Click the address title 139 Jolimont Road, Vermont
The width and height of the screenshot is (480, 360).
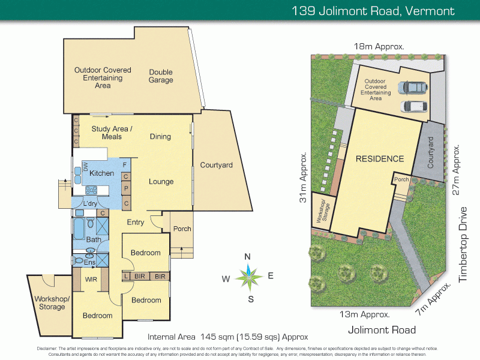(x=373, y=10)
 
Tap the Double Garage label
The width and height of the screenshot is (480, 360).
(x=161, y=76)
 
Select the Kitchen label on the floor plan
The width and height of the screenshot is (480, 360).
(x=102, y=173)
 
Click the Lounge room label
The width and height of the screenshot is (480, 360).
(x=161, y=182)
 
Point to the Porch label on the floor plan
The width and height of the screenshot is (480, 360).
(x=182, y=229)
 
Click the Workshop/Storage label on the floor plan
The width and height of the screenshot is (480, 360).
(x=52, y=303)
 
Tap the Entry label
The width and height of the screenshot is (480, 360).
(x=136, y=223)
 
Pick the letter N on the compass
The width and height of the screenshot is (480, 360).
(x=247, y=257)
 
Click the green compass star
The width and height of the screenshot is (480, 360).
(x=248, y=277)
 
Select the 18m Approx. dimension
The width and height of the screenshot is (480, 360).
(x=379, y=46)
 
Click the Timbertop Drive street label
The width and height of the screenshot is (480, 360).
(x=463, y=245)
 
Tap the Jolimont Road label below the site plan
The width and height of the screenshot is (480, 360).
(x=382, y=330)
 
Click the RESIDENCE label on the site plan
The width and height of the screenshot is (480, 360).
(x=380, y=159)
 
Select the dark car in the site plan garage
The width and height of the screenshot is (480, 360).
(x=415, y=88)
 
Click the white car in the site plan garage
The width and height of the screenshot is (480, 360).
(x=415, y=107)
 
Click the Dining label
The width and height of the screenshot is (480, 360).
(x=160, y=137)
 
